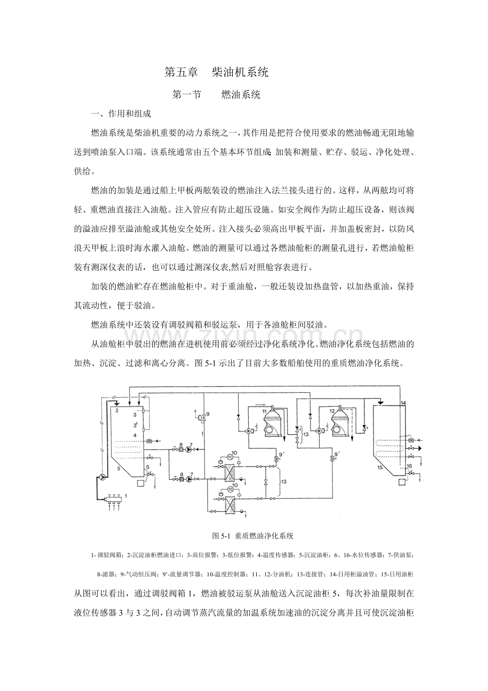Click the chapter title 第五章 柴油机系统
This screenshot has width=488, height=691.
click(216, 73)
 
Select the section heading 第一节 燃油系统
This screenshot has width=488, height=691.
click(216, 94)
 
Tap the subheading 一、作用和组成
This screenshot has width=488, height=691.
click(121, 114)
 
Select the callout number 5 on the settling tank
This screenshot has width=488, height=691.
click(118, 468)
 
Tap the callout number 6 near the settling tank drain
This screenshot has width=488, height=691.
click(147, 467)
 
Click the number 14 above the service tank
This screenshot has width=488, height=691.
click(404, 403)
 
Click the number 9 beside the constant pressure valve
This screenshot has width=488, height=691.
click(208, 414)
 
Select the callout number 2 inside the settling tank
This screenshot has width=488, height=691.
click(117, 410)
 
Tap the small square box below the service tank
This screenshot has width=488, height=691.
click(402, 482)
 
